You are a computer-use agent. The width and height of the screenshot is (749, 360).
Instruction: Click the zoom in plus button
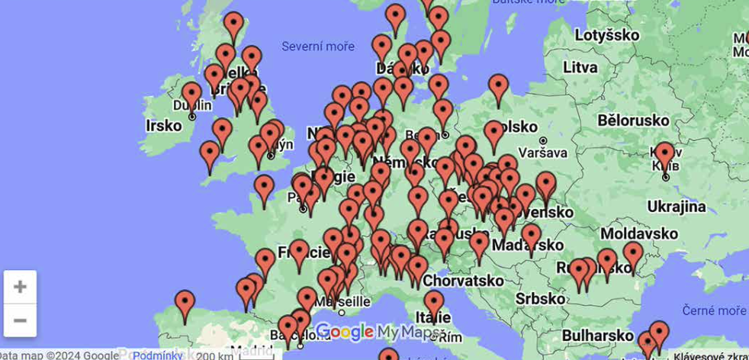(20, 287)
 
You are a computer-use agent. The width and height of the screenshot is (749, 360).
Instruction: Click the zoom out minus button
(20, 320)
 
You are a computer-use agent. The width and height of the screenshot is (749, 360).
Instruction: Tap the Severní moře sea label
(318, 47)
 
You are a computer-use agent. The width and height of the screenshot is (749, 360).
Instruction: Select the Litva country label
(580, 67)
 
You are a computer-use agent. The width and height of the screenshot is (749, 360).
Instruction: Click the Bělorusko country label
(628, 120)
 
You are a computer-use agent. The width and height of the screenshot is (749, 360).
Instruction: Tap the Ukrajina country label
(677, 206)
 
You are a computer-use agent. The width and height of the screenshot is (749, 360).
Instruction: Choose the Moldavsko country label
(639, 233)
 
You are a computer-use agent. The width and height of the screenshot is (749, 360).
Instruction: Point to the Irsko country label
(163, 125)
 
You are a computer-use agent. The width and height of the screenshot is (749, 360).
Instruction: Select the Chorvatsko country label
(463, 280)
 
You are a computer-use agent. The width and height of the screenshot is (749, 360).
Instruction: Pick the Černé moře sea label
(714, 310)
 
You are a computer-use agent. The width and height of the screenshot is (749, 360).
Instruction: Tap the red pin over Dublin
(191, 95)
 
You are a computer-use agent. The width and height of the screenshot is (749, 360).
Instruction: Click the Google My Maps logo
(374, 332)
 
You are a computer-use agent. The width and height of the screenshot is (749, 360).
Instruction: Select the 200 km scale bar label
(214, 355)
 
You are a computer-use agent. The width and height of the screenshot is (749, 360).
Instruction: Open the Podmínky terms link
(157, 355)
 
